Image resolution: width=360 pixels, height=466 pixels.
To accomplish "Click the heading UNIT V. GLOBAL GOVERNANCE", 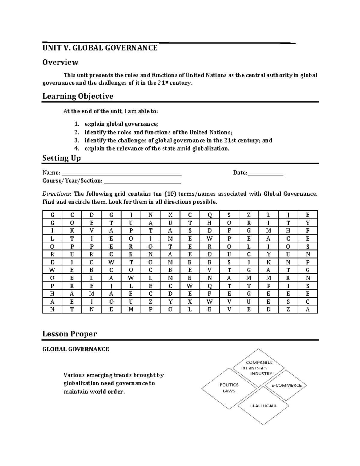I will tap(100, 48).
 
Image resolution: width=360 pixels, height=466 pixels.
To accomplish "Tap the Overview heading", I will tap(60, 62).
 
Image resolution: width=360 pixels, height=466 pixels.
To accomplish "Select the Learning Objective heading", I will tap(78, 96).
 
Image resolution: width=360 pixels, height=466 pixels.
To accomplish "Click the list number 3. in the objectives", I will tap(77, 140).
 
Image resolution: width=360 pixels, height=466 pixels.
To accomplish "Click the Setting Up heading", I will tap(61, 158).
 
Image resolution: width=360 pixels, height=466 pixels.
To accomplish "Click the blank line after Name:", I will tap(121, 173).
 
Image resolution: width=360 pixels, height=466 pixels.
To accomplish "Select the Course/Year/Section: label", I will tap(72, 181).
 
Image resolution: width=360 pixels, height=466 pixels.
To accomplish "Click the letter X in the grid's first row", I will tap(170, 215).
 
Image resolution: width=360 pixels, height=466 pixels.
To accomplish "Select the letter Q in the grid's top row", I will tap(209, 215).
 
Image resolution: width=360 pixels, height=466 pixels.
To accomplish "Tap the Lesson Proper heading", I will tap(70, 334).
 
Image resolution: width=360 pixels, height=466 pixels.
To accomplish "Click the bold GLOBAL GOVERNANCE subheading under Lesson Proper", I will tap(76, 349).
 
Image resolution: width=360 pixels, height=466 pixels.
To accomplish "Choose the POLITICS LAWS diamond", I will tap(229, 388).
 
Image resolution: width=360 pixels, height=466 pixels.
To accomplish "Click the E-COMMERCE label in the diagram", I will tap(286, 386).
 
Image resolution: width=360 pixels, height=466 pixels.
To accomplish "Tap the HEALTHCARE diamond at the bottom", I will tap(263, 406).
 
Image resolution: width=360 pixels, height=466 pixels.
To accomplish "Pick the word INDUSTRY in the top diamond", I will tap(261, 374).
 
